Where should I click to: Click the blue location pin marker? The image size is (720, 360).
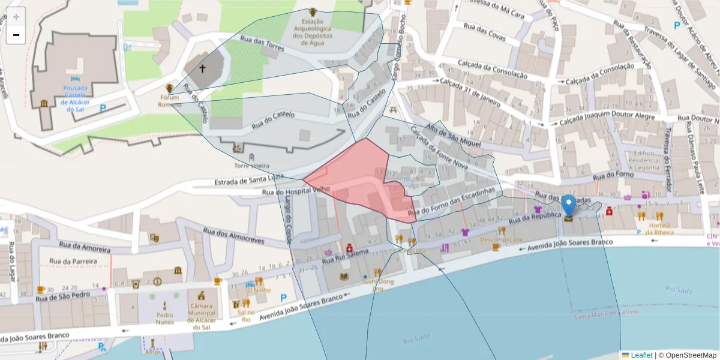point(568,206)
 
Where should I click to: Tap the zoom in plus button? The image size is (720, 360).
point(16,17)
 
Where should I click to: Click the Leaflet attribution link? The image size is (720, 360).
point(641,355)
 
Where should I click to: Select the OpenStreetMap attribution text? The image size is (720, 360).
point(689,355)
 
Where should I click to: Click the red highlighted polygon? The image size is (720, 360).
point(360,180)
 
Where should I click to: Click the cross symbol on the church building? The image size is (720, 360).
point(202,68)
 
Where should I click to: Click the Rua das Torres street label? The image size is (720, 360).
point(262,46)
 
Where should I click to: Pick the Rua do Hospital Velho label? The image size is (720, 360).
point(296,191)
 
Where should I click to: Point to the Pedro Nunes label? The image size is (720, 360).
point(164,318)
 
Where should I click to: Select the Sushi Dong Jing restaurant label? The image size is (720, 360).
point(377,284)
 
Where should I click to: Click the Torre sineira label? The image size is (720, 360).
point(251,166)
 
